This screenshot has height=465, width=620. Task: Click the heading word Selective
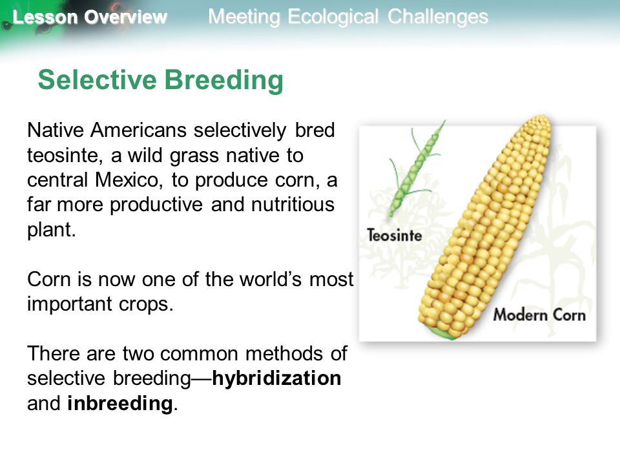[98, 79]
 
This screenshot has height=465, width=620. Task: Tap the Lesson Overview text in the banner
[90, 17]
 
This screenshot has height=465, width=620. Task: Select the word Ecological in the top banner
[333, 17]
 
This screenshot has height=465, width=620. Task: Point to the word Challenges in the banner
[438, 17]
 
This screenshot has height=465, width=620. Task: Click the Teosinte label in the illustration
[394, 235]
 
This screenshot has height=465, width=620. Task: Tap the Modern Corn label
[539, 315]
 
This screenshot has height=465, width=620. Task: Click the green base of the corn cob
[442, 333]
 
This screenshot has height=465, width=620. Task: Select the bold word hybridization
[276, 378]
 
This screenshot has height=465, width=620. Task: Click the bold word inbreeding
[120, 403]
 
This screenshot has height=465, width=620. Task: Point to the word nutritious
[293, 205]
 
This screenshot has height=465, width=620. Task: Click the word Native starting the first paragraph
[56, 130]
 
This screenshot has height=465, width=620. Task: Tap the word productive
[156, 205]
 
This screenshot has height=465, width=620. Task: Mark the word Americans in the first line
[138, 130]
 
